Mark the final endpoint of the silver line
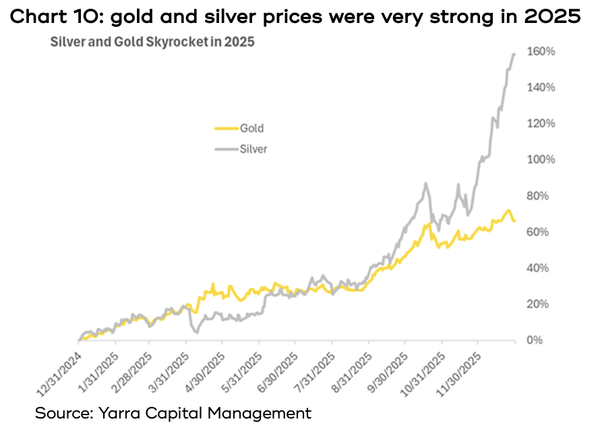point(515,53)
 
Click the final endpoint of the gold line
point(515,221)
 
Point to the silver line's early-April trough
point(196,332)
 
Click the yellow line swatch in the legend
point(224,128)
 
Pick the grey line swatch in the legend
point(224,149)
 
